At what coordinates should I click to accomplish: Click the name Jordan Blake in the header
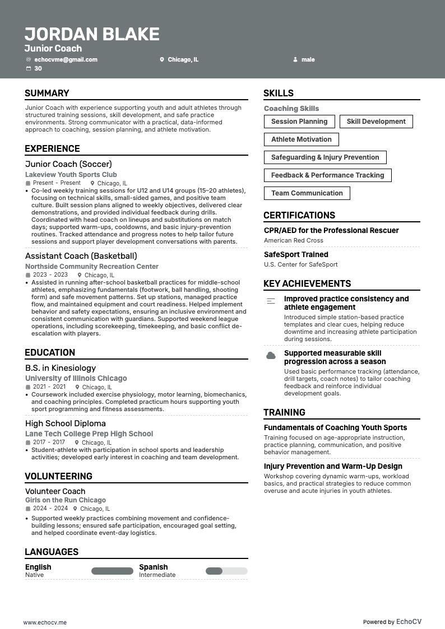click(x=92, y=34)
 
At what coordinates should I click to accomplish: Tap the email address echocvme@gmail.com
click(x=66, y=59)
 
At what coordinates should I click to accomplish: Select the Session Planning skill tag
click(x=299, y=122)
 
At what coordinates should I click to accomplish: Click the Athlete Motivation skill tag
click(x=302, y=139)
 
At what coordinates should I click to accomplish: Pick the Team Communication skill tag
click(x=307, y=193)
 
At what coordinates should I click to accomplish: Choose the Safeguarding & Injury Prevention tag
click(x=325, y=157)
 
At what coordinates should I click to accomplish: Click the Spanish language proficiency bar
click(x=226, y=571)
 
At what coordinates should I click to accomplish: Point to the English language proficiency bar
click(x=112, y=571)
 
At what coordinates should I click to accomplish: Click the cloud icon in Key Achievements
click(x=271, y=356)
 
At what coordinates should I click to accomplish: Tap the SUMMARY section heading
click(x=47, y=93)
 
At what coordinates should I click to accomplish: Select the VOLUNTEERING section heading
click(x=58, y=476)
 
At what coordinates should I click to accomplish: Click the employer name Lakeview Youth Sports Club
click(x=71, y=175)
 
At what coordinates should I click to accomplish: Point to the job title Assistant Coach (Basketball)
click(x=81, y=256)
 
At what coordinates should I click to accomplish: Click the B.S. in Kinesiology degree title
click(x=61, y=368)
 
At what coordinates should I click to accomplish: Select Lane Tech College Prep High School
click(x=89, y=434)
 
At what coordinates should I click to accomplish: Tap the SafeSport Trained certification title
click(x=296, y=254)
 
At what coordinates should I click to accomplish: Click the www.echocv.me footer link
click(x=45, y=622)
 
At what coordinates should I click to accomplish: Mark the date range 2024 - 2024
click(x=50, y=509)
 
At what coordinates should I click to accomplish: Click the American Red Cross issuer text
click(x=294, y=240)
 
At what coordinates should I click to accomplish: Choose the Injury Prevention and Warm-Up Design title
click(x=333, y=466)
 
